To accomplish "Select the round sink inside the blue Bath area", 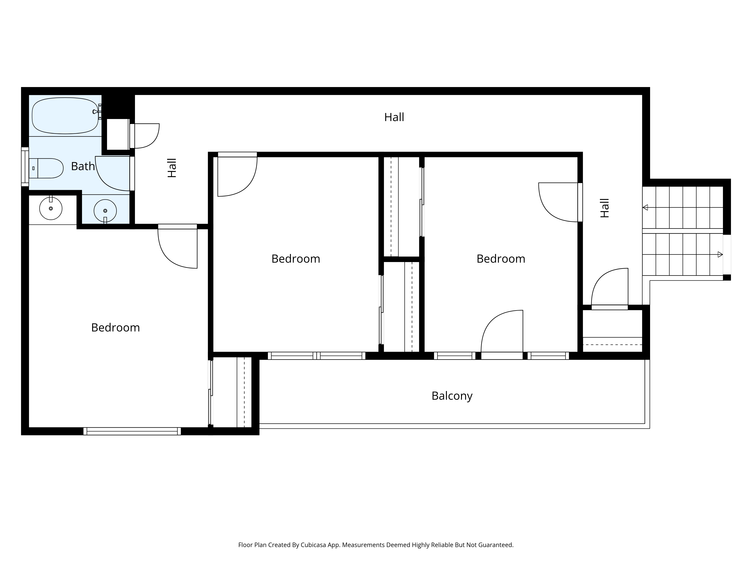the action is pyautogui.click(x=105, y=211).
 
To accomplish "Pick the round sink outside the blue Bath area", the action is pyautogui.click(x=51, y=208).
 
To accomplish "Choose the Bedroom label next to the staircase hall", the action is pyautogui.click(x=501, y=259).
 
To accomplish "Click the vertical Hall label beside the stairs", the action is pyautogui.click(x=604, y=208).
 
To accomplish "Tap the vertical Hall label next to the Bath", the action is pyautogui.click(x=172, y=168).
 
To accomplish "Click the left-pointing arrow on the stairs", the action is pyautogui.click(x=645, y=207).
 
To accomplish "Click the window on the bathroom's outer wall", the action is pyautogui.click(x=25, y=167).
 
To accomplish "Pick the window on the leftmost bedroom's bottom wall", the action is pyautogui.click(x=132, y=431).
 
